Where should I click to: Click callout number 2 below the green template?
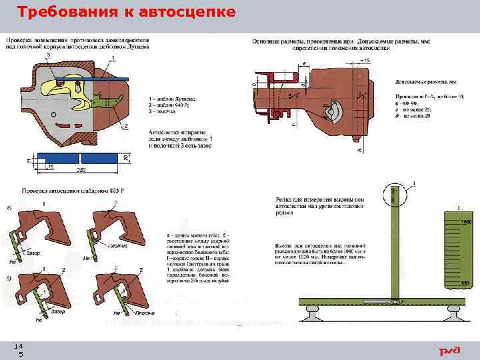[x=124, y=126]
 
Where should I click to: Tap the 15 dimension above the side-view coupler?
[x=365, y=61]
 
